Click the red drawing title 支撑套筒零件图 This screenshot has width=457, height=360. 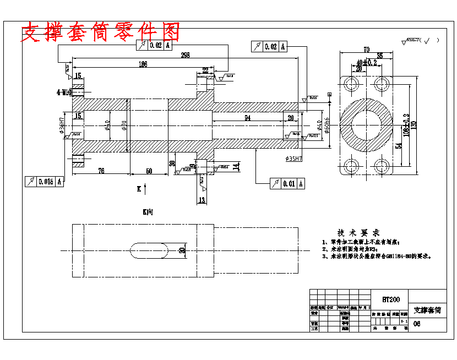[100, 32]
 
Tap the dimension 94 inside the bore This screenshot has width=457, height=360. [247, 118]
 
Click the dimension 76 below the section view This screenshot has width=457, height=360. [101, 171]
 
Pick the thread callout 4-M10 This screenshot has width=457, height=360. [64, 92]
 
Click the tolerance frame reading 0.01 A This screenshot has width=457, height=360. [287, 183]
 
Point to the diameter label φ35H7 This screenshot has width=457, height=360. [295, 159]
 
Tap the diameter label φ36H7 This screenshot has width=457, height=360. [62, 126]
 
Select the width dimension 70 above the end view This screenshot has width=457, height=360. [366, 50]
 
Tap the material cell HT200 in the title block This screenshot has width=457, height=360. [391, 299]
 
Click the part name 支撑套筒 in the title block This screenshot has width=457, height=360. [427, 310]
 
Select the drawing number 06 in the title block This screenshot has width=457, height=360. [416, 324]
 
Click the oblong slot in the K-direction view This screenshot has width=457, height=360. [149, 250]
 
